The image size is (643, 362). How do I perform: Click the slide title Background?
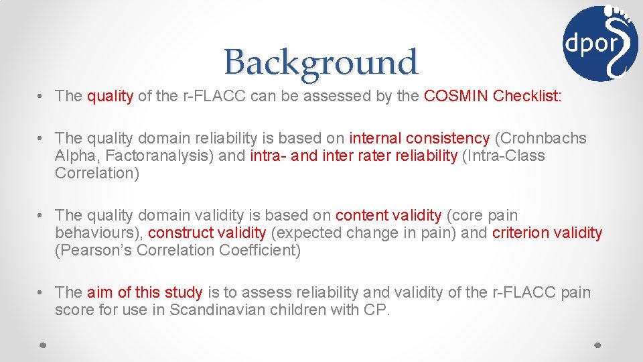pyautogui.click(x=321, y=62)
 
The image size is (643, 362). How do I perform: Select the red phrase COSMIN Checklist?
pyautogui.click(x=492, y=96)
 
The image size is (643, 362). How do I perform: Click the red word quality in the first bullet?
pyautogui.click(x=110, y=96)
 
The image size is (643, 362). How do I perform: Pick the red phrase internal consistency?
pyautogui.click(x=419, y=139)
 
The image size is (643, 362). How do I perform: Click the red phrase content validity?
pyautogui.click(x=388, y=215)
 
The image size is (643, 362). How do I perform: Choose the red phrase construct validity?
pyautogui.click(x=207, y=233)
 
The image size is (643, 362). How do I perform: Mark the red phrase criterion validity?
pyautogui.click(x=547, y=233)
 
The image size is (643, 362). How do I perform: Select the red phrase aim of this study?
pyautogui.click(x=145, y=292)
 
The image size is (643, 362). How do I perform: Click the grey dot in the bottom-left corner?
pyautogui.click(x=42, y=343)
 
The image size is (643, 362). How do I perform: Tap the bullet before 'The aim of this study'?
pyautogui.click(x=42, y=292)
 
